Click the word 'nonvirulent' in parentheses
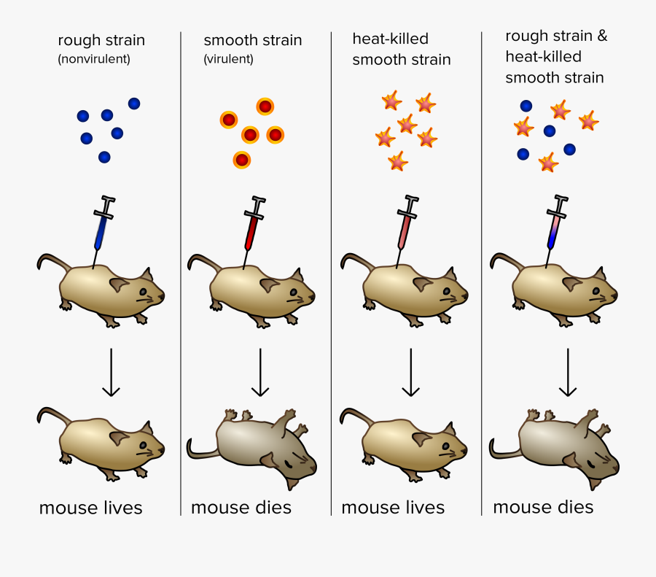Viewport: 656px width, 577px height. point(94,60)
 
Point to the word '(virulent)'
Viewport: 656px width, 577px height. point(228,60)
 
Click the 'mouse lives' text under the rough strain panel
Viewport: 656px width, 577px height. point(90,508)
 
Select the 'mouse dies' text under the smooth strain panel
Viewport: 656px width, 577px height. point(241,508)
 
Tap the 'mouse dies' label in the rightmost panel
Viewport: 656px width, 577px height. point(543,507)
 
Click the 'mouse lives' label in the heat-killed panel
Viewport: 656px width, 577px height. point(393,508)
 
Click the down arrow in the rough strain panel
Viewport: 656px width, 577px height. point(110,372)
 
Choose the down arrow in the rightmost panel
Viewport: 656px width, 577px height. point(568,372)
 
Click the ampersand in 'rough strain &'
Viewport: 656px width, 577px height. point(601,36)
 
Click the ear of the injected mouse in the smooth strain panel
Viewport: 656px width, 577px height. point(269,284)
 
